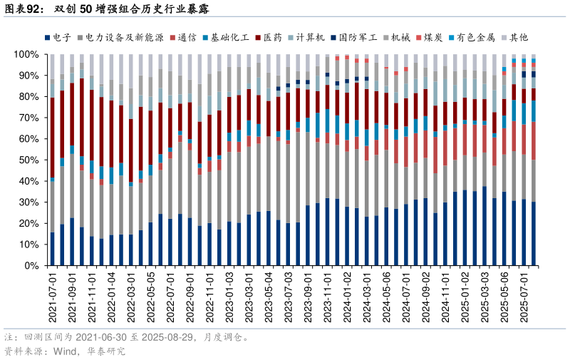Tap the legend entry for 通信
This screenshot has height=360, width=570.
click(x=187, y=37)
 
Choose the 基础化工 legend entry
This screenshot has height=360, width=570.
click(x=229, y=37)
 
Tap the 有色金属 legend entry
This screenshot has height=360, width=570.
click(x=476, y=37)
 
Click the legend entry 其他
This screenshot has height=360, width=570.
click(x=519, y=37)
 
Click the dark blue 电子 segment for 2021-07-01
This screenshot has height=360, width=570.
click(x=52, y=249)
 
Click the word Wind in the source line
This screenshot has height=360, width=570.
click(x=65, y=351)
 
